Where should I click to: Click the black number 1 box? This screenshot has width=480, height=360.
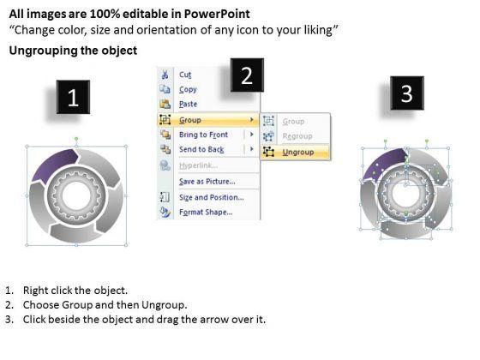pyautogui.click(x=73, y=97)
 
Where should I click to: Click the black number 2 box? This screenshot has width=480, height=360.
pyautogui.click(x=247, y=75)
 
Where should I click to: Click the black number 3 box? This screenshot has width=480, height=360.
pyautogui.click(x=407, y=93)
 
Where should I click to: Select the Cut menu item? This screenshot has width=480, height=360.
pyautogui.click(x=185, y=75)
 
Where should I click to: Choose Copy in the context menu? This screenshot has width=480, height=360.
pyautogui.click(x=188, y=89)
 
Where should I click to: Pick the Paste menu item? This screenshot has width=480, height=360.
pyautogui.click(x=188, y=104)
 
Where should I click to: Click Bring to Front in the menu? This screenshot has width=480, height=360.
pyautogui.click(x=203, y=135)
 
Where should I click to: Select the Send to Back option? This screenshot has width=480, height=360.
pyautogui.click(x=201, y=149)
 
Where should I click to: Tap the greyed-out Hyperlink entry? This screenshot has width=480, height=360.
pyautogui.click(x=198, y=165)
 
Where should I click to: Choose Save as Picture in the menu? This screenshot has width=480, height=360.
pyautogui.click(x=207, y=182)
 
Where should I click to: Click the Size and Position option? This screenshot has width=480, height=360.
pyautogui.click(x=212, y=197)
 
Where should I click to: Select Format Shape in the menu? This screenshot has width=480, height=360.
pyautogui.click(x=206, y=213)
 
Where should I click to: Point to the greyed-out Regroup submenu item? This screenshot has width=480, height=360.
pyautogui.click(x=297, y=136)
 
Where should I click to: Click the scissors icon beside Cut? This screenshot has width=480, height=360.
pyautogui.click(x=165, y=75)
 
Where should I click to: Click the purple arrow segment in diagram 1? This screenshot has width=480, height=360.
pyautogui.click(x=55, y=166)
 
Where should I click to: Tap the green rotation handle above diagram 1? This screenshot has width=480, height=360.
pyautogui.click(x=76, y=139)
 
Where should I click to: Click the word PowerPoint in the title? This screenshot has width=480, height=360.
pyautogui.click(x=217, y=14)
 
